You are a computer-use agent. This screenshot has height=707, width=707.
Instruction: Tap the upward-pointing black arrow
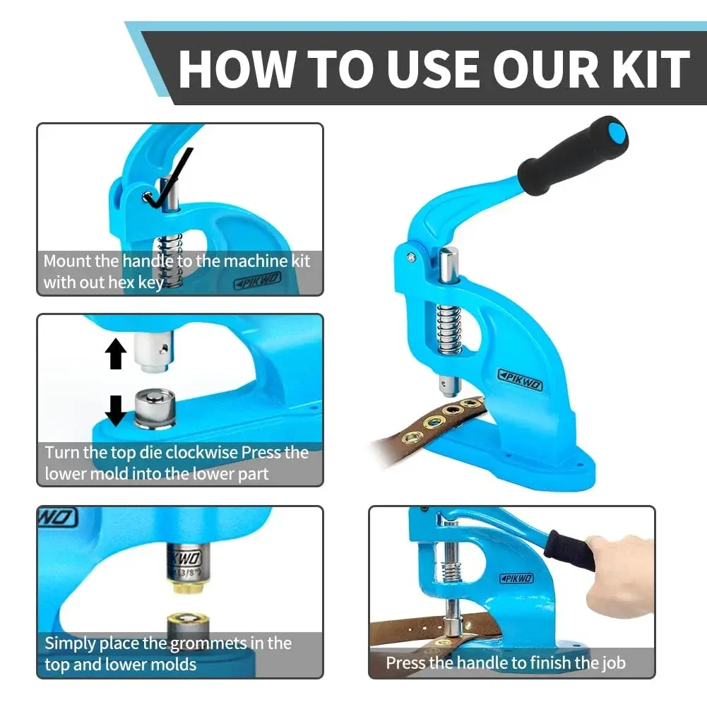click(x=116, y=354)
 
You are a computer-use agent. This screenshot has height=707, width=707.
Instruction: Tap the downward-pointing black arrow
click(x=116, y=411)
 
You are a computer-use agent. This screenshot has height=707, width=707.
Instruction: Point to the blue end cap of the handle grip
click(x=616, y=131)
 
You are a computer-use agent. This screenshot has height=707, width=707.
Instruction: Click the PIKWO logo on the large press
click(x=520, y=380)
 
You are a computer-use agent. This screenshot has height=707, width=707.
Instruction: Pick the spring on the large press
click(x=449, y=329)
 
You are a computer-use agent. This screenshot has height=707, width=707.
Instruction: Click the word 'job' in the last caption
click(x=613, y=663)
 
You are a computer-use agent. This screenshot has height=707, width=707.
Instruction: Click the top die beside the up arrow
click(x=153, y=352)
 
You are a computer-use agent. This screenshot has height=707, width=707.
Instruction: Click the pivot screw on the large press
click(x=411, y=258)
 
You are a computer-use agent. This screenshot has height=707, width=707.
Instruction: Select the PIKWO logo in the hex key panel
click(x=258, y=280)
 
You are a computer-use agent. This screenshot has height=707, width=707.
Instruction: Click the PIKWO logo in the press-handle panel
click(x=517, y=578)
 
